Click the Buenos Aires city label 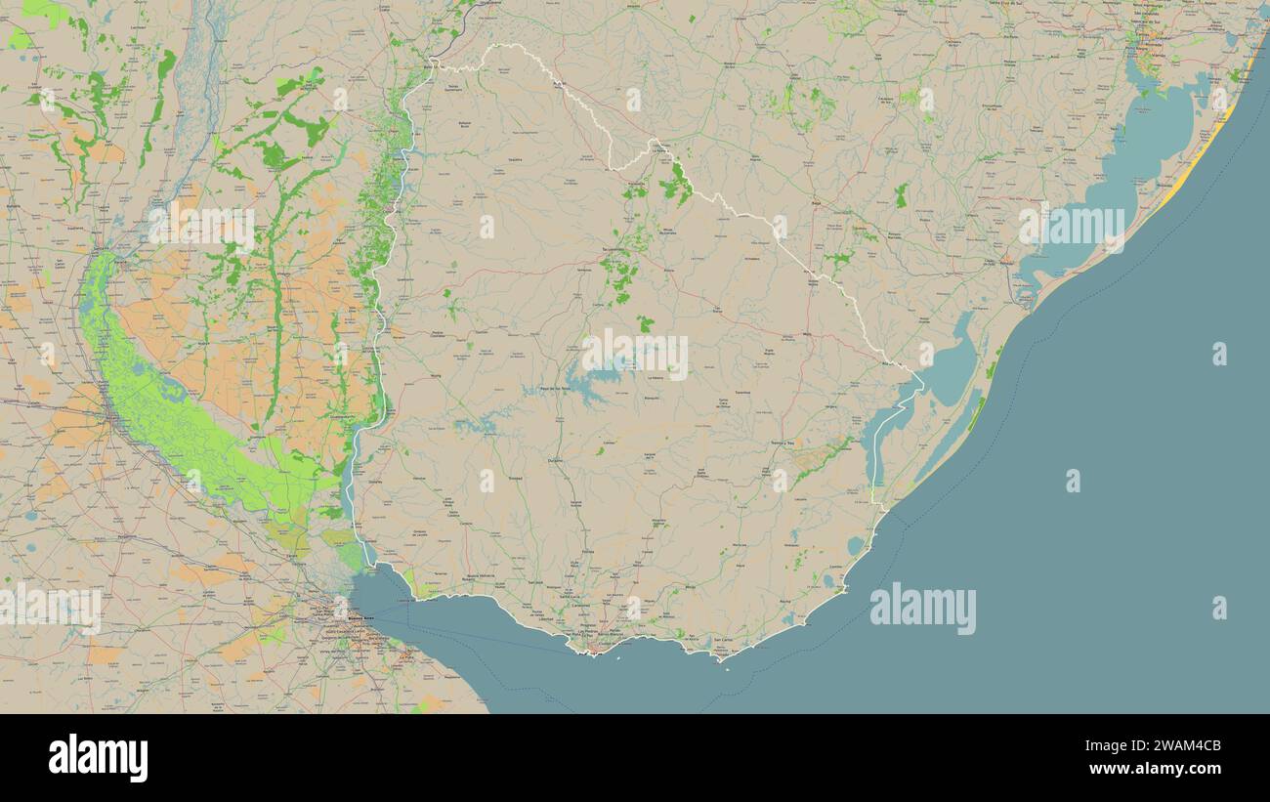[361, 618]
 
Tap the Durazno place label [556, 458]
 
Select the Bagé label [816, 203]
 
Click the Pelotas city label [1006, 262]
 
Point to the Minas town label [690, 587]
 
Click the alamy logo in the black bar [98, 758]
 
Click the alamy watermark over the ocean [922, 608]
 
